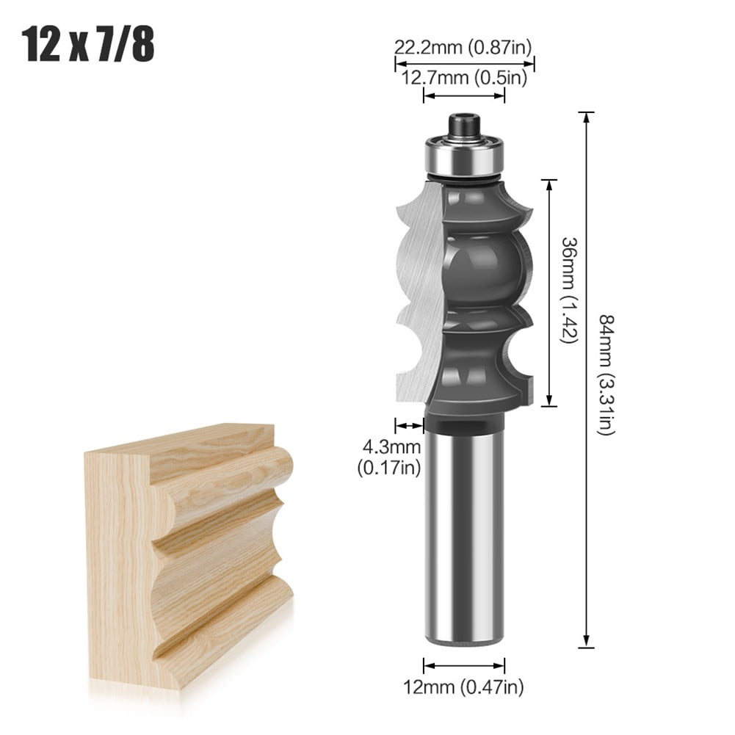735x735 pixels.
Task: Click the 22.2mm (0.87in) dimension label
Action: coord(462,48)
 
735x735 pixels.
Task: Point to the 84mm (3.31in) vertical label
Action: coord(607,374)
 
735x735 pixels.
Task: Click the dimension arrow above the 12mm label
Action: coord(465,666)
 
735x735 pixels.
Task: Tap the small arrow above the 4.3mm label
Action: coord(410,424)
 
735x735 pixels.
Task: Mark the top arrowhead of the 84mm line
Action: coord(586,116)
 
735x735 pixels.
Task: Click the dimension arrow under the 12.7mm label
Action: coord(465,96)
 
